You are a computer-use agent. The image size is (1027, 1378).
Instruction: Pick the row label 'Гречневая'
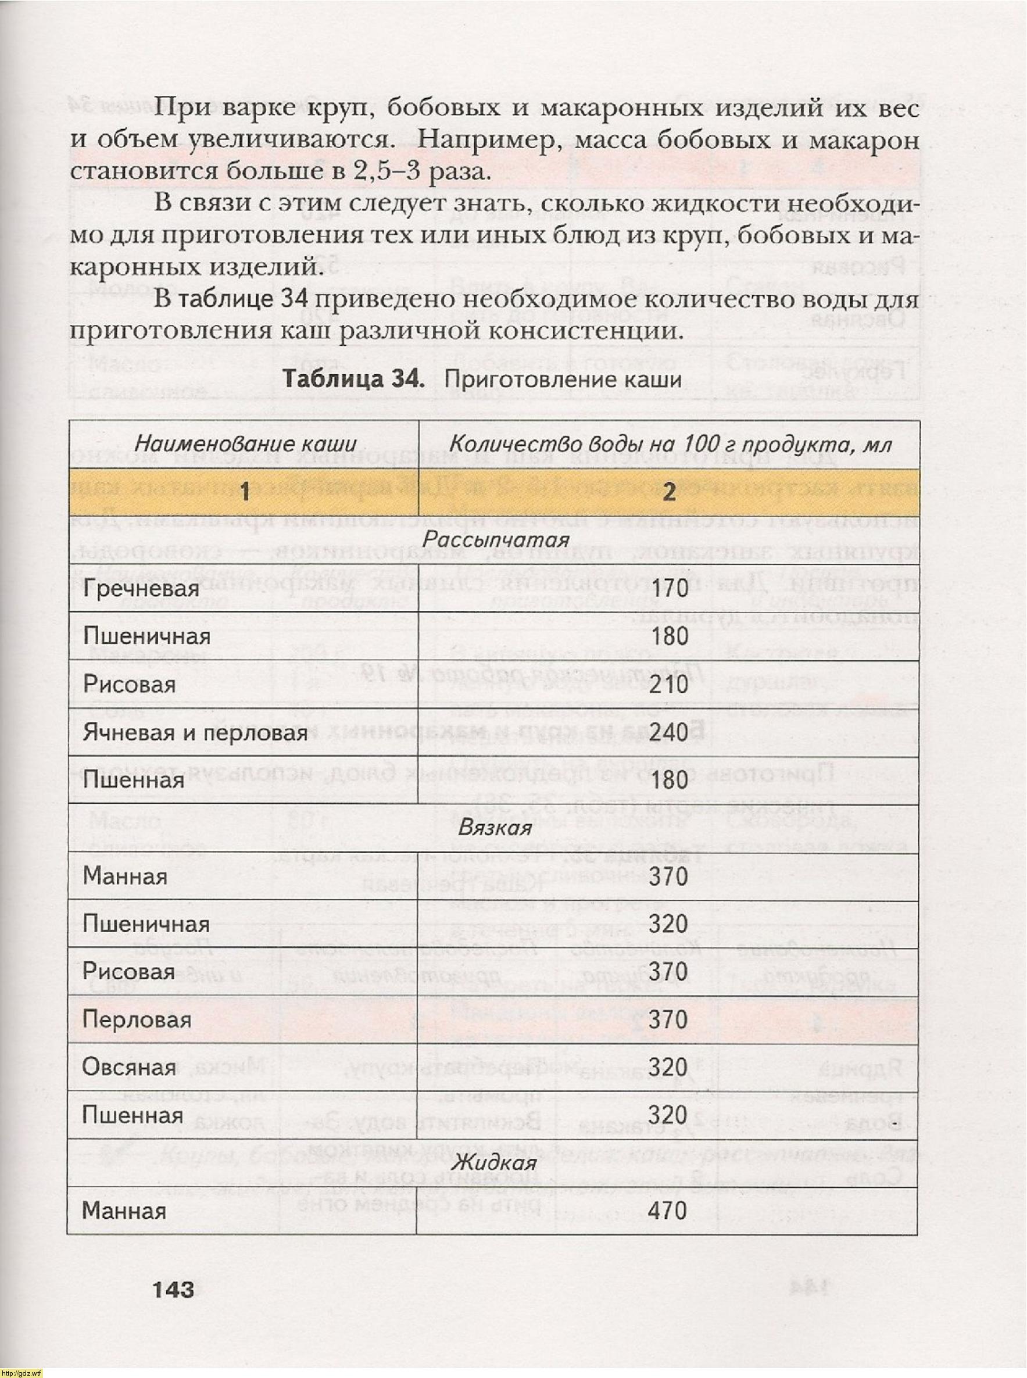click(141, 588)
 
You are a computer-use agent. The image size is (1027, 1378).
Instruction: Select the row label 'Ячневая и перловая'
click(195, 732)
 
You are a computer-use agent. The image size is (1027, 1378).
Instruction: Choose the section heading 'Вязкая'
click(495, 828)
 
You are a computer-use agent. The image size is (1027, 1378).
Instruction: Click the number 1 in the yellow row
click(245, 492)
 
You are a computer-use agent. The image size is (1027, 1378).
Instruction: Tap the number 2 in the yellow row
click(669, 492)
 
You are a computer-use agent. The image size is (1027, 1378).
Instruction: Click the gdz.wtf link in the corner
click(21, 1372)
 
